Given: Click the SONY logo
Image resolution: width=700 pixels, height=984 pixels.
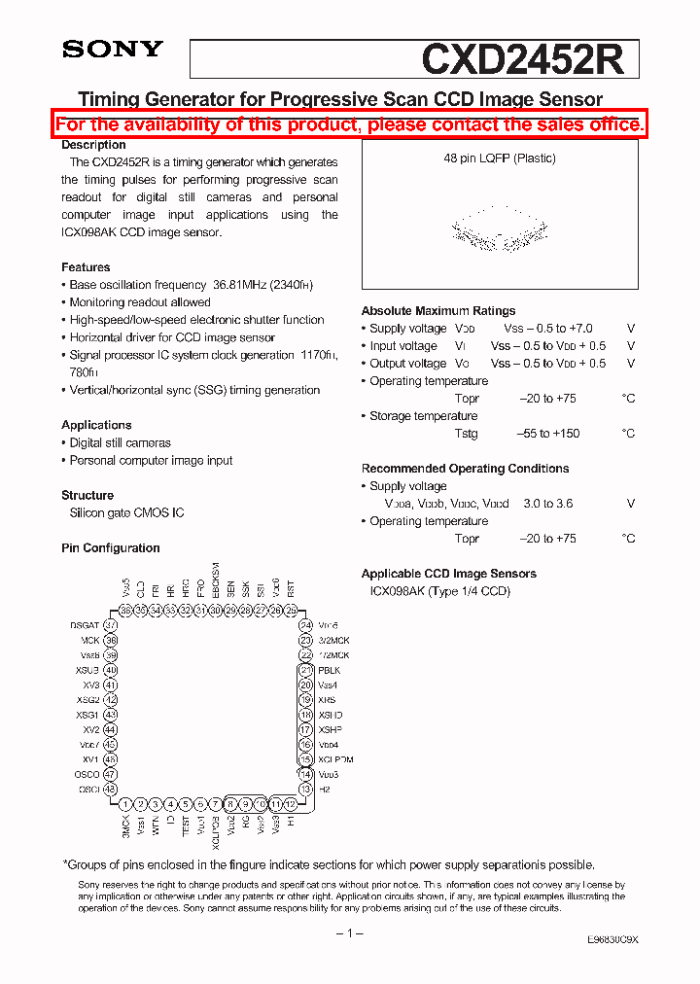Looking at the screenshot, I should click(x=112, y=50).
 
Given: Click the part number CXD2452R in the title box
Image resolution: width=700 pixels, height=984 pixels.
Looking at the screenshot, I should click(x=522, y=59).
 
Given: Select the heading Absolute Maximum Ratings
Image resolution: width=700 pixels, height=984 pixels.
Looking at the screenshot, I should click(x=438, y=311).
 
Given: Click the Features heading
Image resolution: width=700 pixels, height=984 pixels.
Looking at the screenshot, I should click(x=86, y=267).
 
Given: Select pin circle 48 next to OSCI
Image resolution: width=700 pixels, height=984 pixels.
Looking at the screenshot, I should click(x=111, y=790).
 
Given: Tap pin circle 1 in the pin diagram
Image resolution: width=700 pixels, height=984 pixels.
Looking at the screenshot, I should click(x=125, y=804).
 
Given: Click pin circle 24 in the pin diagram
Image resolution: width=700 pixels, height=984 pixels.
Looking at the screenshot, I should click(x=305, y=625).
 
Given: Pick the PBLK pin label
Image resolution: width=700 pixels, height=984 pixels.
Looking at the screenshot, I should click(x=330, y=671).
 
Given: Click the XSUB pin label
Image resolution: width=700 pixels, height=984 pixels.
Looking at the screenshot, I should click(x=87, y=671).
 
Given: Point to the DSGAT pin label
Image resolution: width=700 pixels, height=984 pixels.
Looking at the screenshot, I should click(x=85, y=625).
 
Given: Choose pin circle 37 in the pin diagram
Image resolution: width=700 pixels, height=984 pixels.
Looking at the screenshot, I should click(x=111, y=625).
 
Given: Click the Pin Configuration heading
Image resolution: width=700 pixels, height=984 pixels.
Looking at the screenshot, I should click(x=110, y=548).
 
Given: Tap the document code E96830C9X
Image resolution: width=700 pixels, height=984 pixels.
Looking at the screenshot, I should click(x=612, y=941).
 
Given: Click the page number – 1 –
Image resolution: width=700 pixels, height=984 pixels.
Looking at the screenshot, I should click(x=349, y=933).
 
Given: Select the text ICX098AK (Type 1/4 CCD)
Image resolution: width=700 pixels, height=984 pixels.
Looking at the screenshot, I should click(x=439, y=591).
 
